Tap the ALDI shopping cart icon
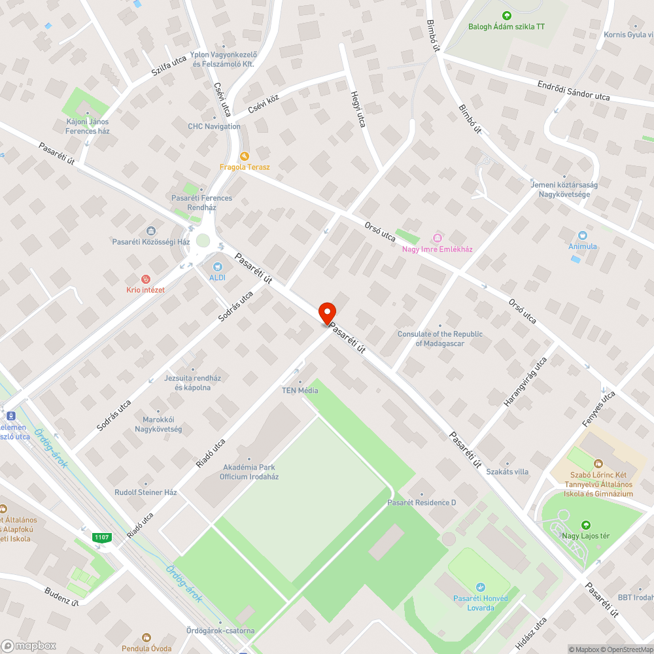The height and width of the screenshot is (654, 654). click(x=218, y=266)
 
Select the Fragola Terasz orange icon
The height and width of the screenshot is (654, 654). click(x=245, y=156)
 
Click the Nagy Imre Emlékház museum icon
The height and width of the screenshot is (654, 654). click(x=438, y=237)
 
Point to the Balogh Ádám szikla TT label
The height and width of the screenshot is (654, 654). click(x=506, y=27)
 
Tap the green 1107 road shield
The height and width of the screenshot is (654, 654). click(x=101, y=538)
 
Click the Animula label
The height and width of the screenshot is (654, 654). click(x=582, y=247)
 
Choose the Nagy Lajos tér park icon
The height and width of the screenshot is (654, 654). click(x=585, y=525)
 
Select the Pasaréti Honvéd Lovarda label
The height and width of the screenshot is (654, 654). click(x=481, y=603)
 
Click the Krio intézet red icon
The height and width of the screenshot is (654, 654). click(x=145, y=279)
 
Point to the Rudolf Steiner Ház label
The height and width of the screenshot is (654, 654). click(x=146, y=492)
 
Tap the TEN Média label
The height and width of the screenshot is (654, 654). click(x=300, y=390)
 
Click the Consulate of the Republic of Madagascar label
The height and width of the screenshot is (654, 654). click(x=440, y=339)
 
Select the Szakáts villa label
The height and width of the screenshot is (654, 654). click(x=508, y=472)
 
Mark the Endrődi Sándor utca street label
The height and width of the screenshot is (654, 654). click(x=574, y=92)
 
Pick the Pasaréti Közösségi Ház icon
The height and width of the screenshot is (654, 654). click(x=151, y=230)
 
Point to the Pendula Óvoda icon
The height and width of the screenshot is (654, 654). click(x=146, y=637)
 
